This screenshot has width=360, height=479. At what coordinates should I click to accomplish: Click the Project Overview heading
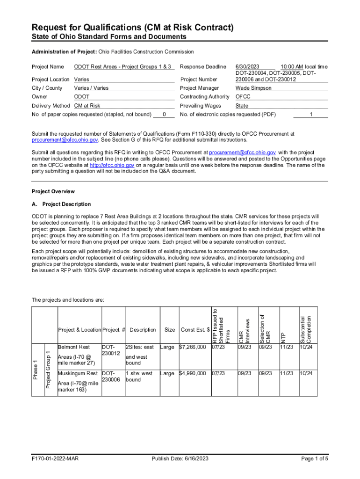[x=53, y=192]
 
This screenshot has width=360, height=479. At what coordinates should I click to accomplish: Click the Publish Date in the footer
[x=180, y=459]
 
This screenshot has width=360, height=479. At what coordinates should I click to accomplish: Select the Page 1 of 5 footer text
[x=315, y=459]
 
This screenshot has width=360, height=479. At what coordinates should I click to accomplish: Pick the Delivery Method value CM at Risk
[x=87, y=106]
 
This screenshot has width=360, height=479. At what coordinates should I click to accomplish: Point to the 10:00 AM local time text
[x=304, y=67]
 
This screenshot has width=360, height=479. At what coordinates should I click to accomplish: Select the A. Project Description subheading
[x=61, y=204]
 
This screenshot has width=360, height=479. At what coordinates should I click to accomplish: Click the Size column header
[x=170, y=330]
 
